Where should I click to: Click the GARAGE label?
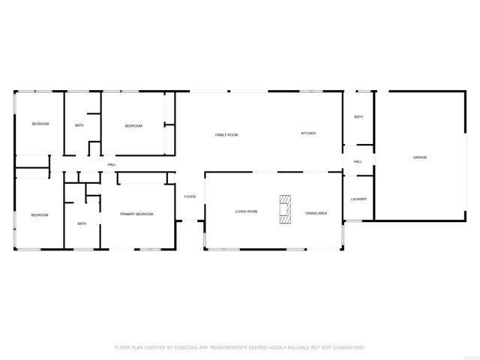pyautogui.click(x=419, y=157)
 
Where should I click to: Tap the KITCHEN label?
pyautogui.click(x=308, y=133)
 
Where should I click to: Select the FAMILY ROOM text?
pyautogui.click(x=226, y=135)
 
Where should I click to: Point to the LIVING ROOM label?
pyautogui.click(x=246, y=212)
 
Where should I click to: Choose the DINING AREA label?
pyautogui.click(x=316, y=213)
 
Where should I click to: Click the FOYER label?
pyautogui.click(x=190, y=196)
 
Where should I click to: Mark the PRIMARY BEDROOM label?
pyautogui.click(x=136, y=214)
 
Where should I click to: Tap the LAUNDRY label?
pyautogui.click(x=358, y=199)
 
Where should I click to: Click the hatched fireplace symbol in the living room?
pyautogui.click(x=286, y=210)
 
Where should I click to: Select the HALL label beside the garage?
pyautogui.click(x=358, y=161)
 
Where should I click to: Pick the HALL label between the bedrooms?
pyautogui.click(x=112, y=165)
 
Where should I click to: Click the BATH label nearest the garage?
pyautogui.click(x=358, y=117)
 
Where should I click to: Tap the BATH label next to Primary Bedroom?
pyautogui.click(x=82, y=223)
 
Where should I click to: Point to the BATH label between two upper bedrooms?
pyautogui.click(x=79, y=125)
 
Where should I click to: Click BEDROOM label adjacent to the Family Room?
pyautogui.click(x=133, y=126)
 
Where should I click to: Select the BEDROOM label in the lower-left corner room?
pyautogui.click(x=40, y=215)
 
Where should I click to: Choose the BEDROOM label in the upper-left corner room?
pyautogui.click(x=40, y=124)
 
